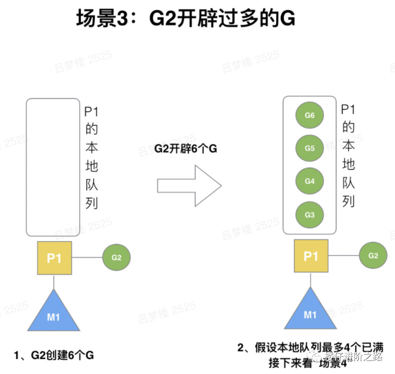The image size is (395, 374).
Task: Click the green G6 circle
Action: pyautogui.click(x=309, y=115)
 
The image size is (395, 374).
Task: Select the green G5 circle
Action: pyautogui.click(x=309, y=148)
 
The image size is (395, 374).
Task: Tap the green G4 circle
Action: pyautogui.click(x=309, y=181)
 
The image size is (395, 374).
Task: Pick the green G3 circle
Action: pyautogui.click(x=309, y=215)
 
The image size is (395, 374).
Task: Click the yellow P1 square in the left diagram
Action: pyautogui.click(x=54, y=258)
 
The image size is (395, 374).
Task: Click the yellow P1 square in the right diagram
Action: pyautogui.click(x=311, y=256)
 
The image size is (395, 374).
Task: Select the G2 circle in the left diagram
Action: pyautogui.click(x=116, y=257)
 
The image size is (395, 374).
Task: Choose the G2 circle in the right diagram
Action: pyautogui.click(x=373, y=255)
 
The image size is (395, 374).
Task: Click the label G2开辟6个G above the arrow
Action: pyautogui.click(x=186, y=149)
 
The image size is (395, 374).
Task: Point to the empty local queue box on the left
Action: pyautogui.click(x=53, y=167)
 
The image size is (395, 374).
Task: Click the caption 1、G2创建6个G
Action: pyautogui.click(x=54, y=355)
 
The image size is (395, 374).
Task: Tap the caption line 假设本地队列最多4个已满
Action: pyautogui.click(x=312, y=348)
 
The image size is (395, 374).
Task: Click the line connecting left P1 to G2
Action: pyautogui.click(x=87, y=257)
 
